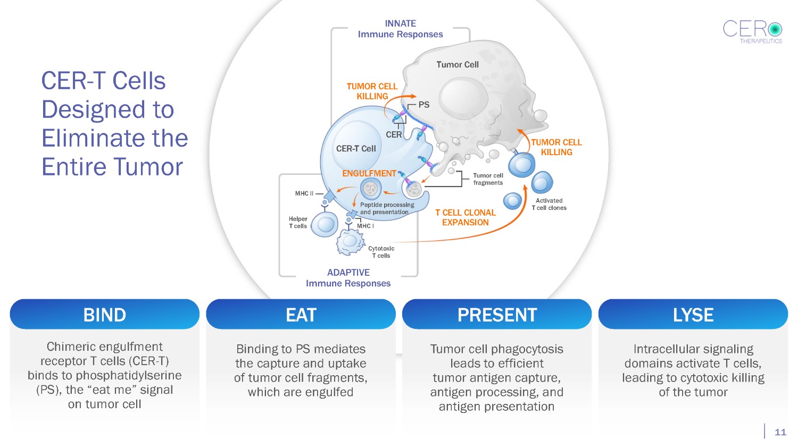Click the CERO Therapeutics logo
(752, 31)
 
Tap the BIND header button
(104, 315)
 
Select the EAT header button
(301, 315)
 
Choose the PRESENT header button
(497, 315)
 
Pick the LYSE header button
(693, 315)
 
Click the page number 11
(780, 432)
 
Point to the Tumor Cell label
(458, 65)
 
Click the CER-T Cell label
(356, 149)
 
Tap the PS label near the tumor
(424, 105)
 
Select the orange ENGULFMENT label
(369, 174)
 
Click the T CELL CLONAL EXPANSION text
(465, 217)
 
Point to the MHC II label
(304, 193)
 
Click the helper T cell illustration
(325, 224)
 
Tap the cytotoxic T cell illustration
(350, 242)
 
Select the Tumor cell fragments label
(488, 179)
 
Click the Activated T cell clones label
(549, 204)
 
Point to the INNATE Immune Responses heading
(400, 29)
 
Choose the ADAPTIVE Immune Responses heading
(348, 278)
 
